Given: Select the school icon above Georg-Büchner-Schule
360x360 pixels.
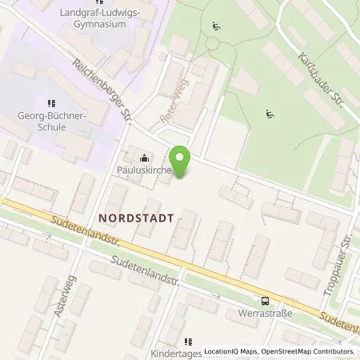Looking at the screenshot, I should [x=51, y=102].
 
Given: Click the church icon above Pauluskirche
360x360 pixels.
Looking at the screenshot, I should [x=144, y=157].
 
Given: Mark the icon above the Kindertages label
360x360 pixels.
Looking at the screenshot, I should [x=189, y=341].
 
